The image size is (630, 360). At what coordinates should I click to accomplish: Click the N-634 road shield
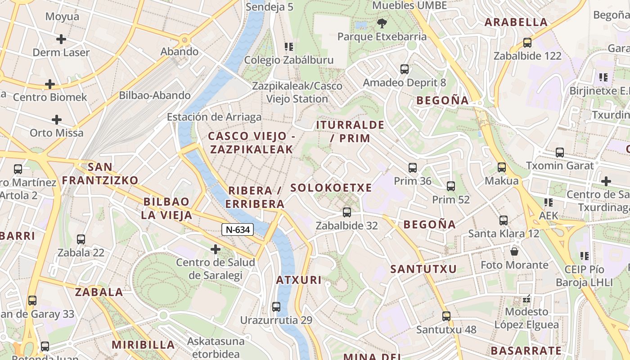(238, 229)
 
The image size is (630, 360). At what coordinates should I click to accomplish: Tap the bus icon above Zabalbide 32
(346, 212)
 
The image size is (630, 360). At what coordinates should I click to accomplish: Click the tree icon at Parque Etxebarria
(382, 23)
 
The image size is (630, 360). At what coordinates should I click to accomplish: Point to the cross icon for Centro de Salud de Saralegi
(216, 249)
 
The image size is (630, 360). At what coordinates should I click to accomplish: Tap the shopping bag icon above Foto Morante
(514, 251)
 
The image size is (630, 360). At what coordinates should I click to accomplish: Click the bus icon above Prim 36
(413, 168)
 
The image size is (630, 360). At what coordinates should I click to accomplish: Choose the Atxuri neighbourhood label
(299, 280)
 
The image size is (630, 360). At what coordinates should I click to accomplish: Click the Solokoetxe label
(331, 188)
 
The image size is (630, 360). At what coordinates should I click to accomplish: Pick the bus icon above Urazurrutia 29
(276, 307)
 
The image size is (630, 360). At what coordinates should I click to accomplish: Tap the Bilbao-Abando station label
(155, 95)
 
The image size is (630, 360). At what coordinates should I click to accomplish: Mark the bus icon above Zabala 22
(81, 239)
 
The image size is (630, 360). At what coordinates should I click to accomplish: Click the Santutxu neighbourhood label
(423, 269)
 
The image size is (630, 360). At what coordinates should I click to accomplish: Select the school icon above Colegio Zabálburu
(289, 46)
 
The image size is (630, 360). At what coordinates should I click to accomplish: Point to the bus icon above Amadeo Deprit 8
(405, 69)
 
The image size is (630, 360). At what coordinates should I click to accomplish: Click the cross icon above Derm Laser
(61, 39)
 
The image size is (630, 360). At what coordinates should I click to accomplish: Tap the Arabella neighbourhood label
(516, 22)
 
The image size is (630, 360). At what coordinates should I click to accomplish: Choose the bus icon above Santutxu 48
(446, 316)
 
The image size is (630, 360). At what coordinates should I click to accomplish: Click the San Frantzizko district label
(100, 174)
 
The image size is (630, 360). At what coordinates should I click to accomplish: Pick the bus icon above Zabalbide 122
(527, 43)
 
